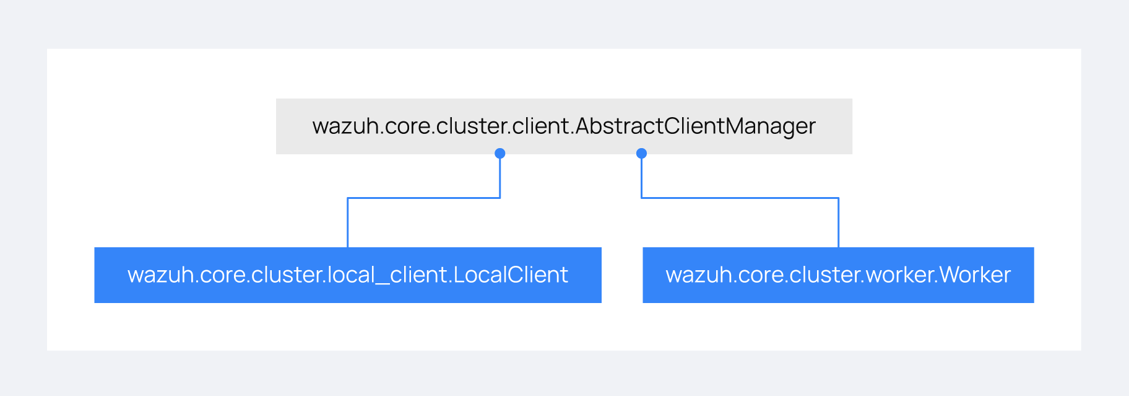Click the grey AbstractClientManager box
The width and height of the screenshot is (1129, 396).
click(x=564, y=126)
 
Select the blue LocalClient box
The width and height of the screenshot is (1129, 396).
click(x=348, y=275)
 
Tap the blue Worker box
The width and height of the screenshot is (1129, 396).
click(x=838, y=275)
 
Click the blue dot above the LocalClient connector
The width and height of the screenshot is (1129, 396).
click(x=500, y=153)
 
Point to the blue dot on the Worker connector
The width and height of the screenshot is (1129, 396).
click(x=642, y=153)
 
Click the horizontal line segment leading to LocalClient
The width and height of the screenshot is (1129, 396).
click(x=424, y=198)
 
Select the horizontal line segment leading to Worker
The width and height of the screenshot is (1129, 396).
click(x=740, y=198)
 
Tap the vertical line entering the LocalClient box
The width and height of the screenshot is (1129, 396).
click(x=348, y=223)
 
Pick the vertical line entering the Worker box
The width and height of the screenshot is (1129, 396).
click(x=839, y=223)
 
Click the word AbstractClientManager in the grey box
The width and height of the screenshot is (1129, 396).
click(x=696, y=126)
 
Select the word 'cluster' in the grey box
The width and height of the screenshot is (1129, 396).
click(x=470, y=126)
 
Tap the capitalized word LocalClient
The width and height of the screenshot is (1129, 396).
click(x=511, y=275)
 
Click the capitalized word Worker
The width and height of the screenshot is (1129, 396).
click(x=975, y=275)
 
